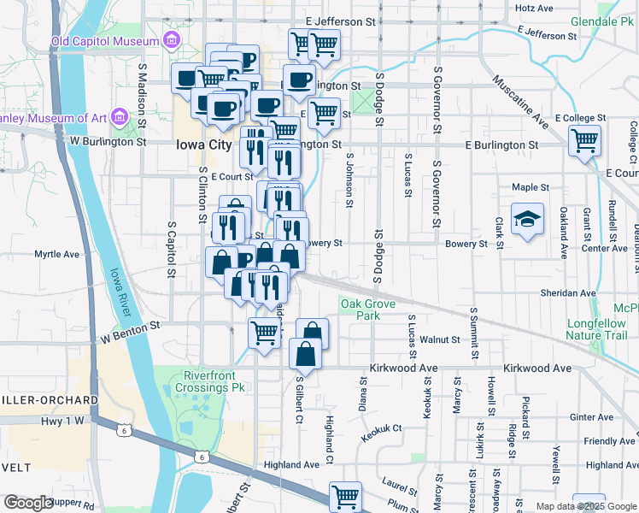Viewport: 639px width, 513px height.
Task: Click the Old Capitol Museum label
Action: (x=105, y=41)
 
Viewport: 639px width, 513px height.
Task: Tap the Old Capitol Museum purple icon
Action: (x=173, y=40)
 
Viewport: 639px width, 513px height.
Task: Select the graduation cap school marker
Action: (x=528, y=220)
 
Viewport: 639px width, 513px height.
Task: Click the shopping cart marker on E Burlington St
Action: (x=585, y=141)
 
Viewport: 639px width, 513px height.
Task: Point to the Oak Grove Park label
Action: (x=372, y=310)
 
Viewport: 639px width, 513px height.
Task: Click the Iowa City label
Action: (x=203, y=144)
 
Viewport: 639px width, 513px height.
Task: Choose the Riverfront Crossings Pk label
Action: (x=214, y=381)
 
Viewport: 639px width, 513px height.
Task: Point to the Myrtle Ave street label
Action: (x=56, y=254)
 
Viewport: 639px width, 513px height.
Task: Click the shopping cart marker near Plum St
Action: (x=345, y=496)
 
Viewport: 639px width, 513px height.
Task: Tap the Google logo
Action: (x=27, y=503)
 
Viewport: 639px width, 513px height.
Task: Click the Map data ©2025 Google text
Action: (x=585, y=506)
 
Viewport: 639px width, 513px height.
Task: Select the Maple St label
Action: (x=531, y=186)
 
